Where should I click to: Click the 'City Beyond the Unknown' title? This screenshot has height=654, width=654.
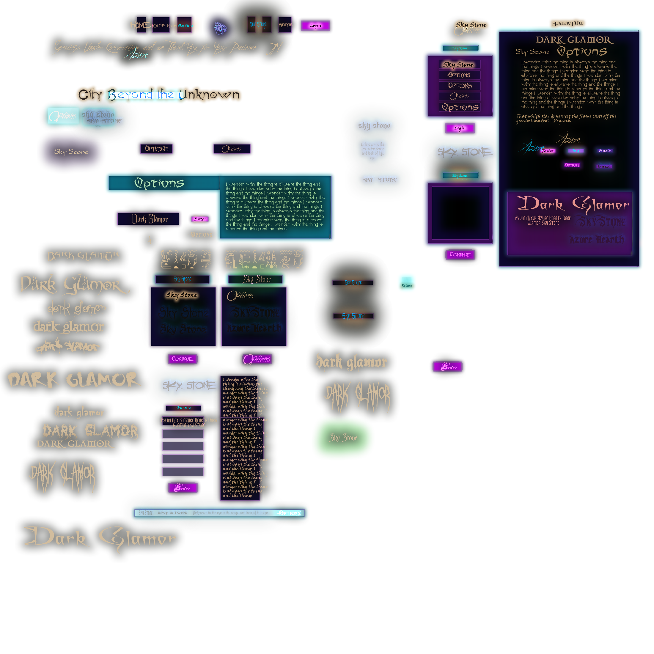[x=158, y=95]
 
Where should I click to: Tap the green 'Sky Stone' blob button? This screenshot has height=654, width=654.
[x=343, y=438]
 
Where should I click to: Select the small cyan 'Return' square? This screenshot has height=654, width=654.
[x=407, y=283]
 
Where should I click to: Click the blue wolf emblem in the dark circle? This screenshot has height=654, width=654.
[x=220, y=28]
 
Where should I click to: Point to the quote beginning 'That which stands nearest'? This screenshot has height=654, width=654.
[x=566, y=118]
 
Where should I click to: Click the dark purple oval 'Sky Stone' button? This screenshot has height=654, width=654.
[x=71, y=152]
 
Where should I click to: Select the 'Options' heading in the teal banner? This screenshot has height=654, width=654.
[x=159, y=183]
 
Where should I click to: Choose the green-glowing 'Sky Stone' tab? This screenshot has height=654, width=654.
[x=257, y=279]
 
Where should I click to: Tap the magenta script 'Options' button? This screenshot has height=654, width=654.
[x=256, y=359]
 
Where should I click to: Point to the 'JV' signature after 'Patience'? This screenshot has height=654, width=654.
[x=273, y=48]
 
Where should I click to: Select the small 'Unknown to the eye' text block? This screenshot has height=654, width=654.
[x=372, y=150]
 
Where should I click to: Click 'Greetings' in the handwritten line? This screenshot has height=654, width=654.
[x=67, y=47]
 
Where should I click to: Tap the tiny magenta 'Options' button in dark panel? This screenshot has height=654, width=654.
[x=572, y=165]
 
